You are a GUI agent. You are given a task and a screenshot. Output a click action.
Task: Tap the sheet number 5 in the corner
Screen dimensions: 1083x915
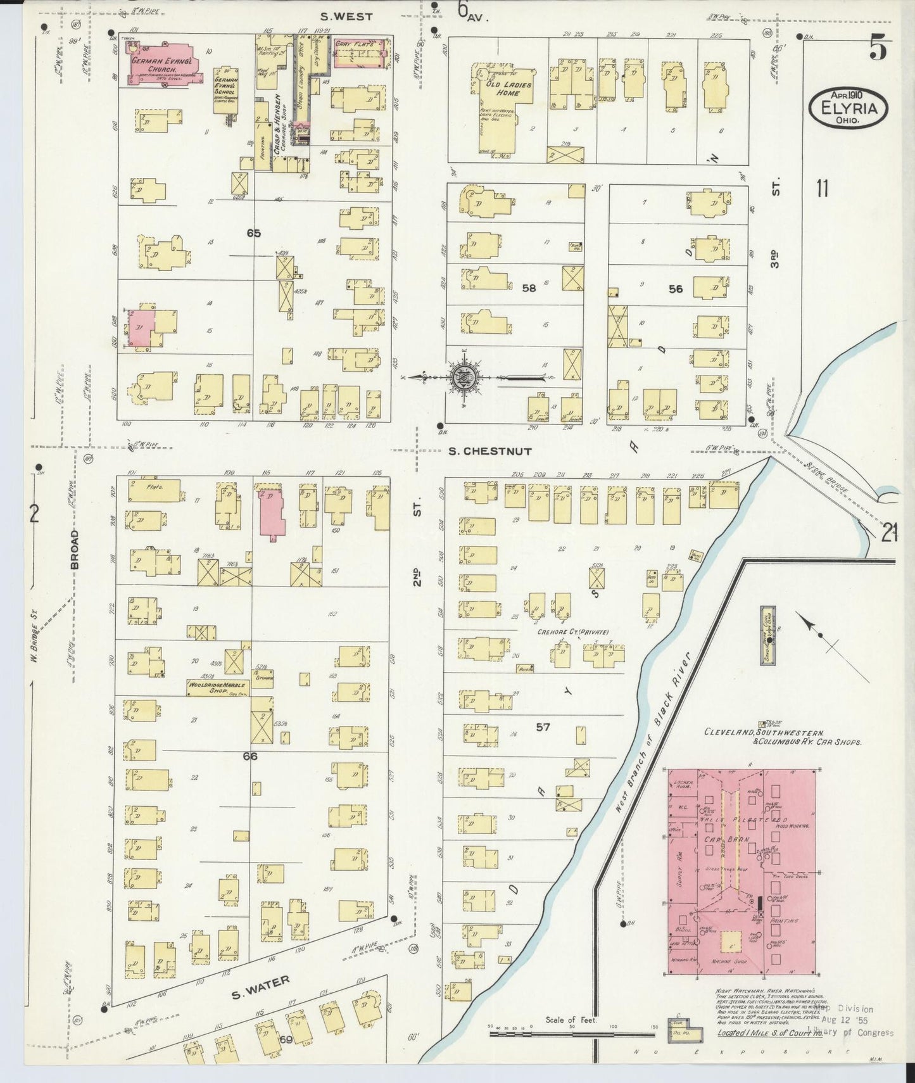pos(878,49)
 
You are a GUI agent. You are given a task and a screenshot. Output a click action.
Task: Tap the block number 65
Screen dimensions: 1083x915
pos(254,233)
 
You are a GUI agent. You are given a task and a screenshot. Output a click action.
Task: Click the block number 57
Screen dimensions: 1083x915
pos(543,727)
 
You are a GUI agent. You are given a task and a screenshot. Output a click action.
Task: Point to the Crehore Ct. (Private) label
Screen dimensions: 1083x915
pos(572,631)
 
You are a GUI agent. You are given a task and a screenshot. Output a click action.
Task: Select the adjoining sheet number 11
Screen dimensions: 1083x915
pos(822,188)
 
